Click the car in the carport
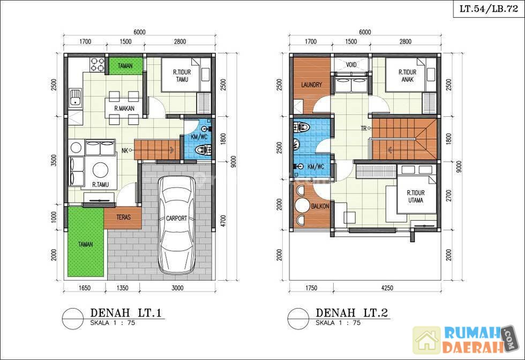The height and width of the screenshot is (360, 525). (177, 224)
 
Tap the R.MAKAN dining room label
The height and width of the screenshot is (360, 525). (124, 109)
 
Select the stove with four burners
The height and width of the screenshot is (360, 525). (97, 65)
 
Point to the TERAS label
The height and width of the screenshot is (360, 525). (123, 217)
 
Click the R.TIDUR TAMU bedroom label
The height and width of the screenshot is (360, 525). (182, 76)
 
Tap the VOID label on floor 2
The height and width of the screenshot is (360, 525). (351, 65)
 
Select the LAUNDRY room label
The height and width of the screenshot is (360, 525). (311, 85)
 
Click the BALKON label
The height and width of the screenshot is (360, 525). (320, 206)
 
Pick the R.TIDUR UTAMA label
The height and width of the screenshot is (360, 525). (416, 197)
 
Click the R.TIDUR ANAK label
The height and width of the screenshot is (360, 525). (407, 76)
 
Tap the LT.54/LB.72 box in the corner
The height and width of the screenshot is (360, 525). (489, 9)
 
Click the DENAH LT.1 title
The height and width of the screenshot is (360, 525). (126, 313)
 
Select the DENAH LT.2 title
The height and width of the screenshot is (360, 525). (351, 313)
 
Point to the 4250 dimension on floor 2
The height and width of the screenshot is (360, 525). (387, 288)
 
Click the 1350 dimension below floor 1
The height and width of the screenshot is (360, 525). (123, 288)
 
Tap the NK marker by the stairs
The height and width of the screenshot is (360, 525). (125, 151)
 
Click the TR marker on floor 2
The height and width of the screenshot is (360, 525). (364, 128)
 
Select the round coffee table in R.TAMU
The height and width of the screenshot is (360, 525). (100, 170)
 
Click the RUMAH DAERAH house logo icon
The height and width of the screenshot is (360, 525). (427, 340)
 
